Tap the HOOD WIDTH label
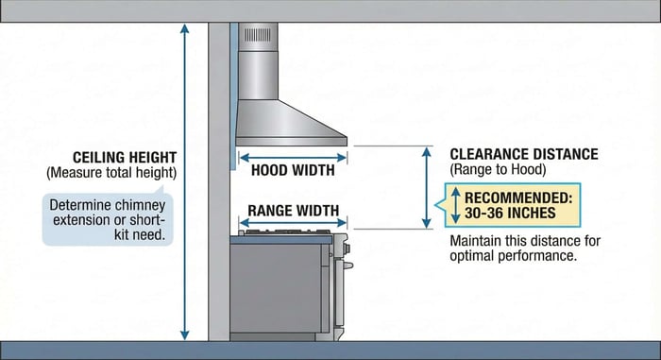(292, 172)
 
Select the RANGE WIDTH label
(293, 211)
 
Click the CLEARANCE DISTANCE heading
(524, 154)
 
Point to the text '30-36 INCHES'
(511, 213)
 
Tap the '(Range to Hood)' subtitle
(498, 169)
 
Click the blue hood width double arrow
(292, 158)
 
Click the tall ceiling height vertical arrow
(185, 180)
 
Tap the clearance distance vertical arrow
(427, 187)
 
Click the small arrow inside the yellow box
(454, 205)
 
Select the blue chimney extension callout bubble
(111, 219)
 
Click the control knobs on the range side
(343, 248)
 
